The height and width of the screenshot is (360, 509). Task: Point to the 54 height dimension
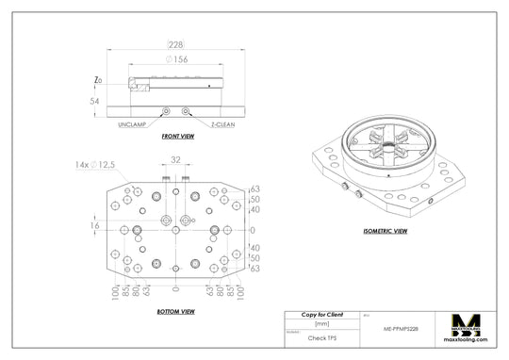click(94, 100)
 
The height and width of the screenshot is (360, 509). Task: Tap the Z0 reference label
click(99, 81)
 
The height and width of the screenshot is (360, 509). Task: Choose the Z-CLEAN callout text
click(222, 123)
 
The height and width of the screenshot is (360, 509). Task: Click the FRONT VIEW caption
click(176, 137)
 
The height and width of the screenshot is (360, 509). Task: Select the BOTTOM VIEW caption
click(176, 311)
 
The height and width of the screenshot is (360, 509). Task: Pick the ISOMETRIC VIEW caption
click(386, 230)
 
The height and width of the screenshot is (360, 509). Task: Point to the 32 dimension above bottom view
click(176, 160)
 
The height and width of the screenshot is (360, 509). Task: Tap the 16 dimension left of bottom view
click(94, 226)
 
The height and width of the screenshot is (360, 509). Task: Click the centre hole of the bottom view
click(176, 230)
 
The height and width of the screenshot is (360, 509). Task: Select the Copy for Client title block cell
click(321, 314)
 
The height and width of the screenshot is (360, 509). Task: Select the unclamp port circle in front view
click(166, 111)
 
